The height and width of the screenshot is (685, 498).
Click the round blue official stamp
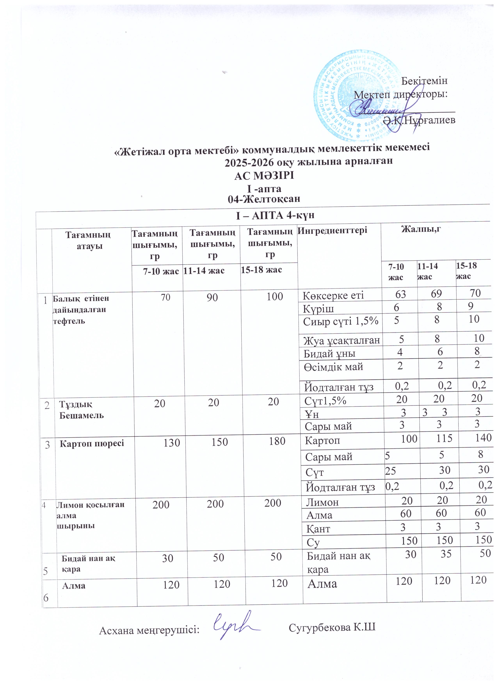coord(359,95)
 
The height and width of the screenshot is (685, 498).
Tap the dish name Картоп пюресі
coord(92,444)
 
